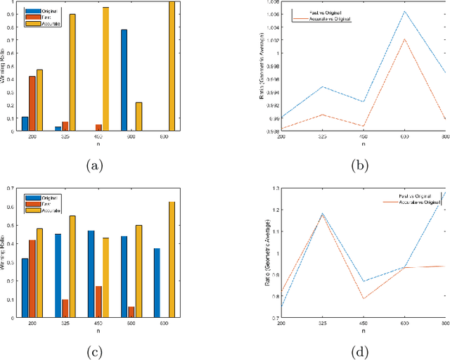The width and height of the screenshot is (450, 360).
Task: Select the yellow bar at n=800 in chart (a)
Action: tap(172, 67)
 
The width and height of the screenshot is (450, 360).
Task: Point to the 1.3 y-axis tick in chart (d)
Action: tap(276, 188)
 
